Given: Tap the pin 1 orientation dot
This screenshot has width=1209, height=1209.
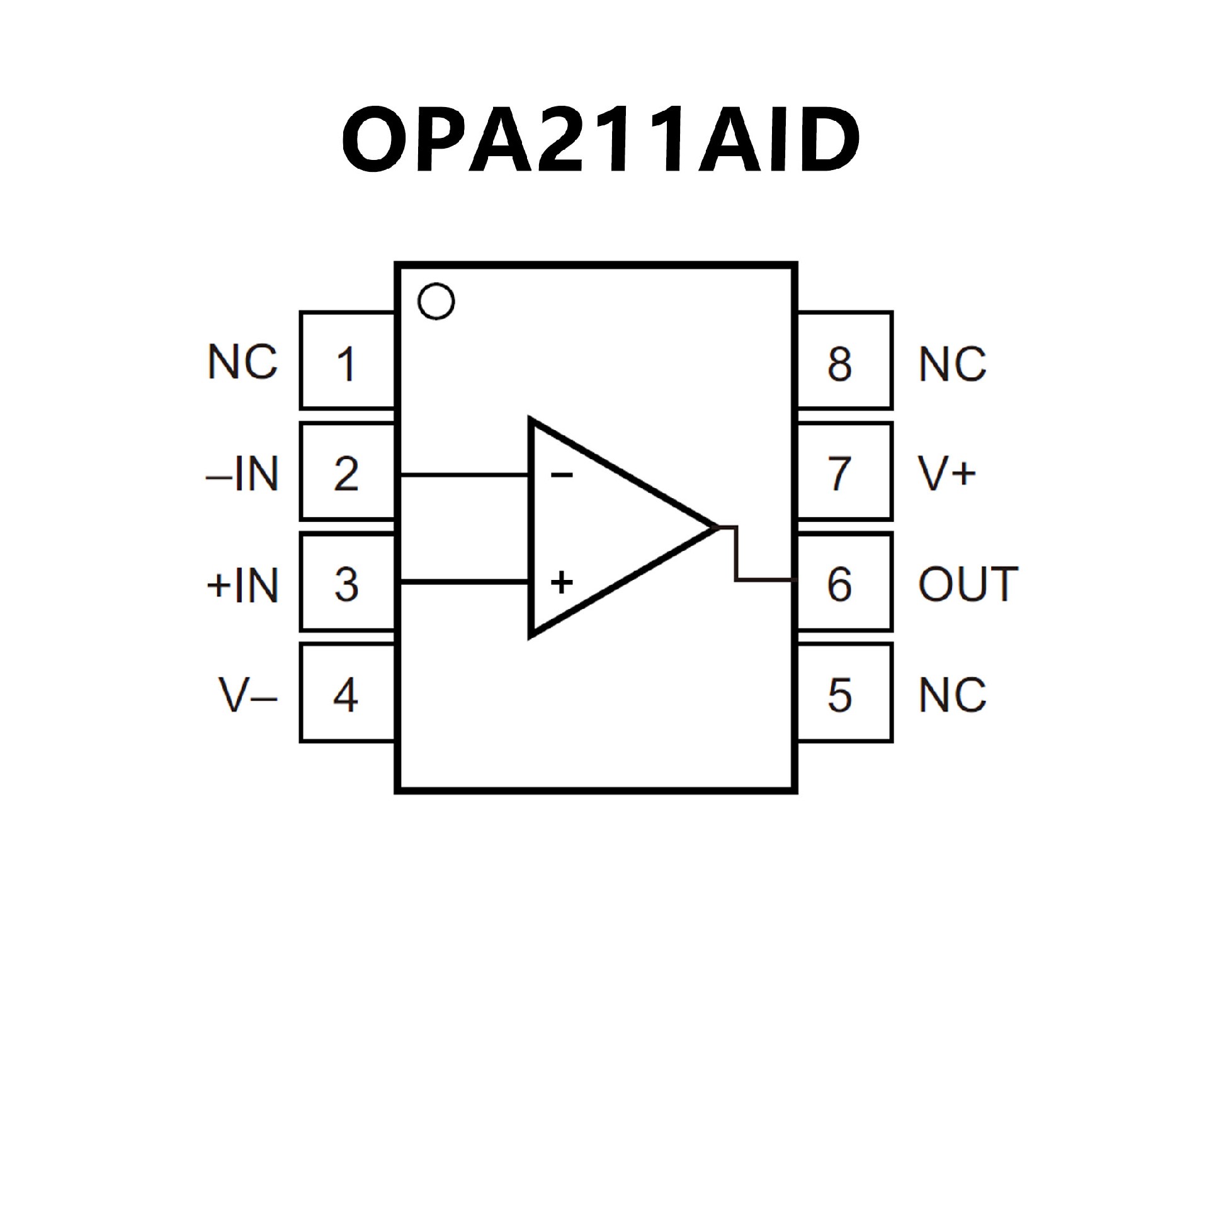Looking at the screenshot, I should tap(436, 302).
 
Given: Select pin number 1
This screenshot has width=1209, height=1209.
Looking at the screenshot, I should tap(346, 365).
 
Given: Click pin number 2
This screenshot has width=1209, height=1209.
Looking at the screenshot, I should tap(346, 474).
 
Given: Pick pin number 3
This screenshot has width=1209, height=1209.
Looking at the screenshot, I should tap(346, 584).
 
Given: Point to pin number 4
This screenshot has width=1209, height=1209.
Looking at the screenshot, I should tap(346, 695).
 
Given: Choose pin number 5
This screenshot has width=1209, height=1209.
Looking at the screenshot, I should tap(839, 695).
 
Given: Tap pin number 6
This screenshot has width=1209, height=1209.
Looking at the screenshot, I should tap(839, 584).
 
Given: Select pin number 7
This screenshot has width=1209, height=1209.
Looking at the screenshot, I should tap(839, 474).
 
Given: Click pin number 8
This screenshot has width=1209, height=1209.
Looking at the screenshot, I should tap(839, 365).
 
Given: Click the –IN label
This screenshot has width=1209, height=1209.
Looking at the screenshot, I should tap(242, 474).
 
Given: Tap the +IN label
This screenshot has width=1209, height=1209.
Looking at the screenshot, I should tap(242, 585).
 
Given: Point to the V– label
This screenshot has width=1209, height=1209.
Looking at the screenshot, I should tap(247, 695).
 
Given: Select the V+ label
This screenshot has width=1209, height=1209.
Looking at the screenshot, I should tap(947, 474).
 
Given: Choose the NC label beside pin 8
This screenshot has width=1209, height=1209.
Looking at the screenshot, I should tap(952, 365).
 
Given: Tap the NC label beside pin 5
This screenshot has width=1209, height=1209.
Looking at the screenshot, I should tap(952, 695).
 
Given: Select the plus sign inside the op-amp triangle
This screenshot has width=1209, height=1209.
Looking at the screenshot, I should tap(561, 582).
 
